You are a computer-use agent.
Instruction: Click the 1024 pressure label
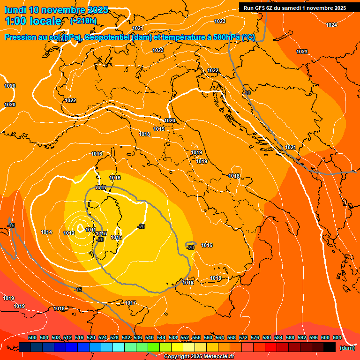[331, 25]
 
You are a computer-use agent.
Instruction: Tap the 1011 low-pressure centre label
[90, 230]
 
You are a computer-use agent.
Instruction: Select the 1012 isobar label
[69, 233]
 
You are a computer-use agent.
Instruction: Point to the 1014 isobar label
[46, 232]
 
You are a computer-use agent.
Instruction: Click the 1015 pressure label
[116, 238]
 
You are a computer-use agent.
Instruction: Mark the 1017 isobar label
[130, 303]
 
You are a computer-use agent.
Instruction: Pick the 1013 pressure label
[101, 234]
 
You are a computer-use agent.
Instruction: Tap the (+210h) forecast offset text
[83, 21]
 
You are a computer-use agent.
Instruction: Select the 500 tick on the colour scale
[32, 337]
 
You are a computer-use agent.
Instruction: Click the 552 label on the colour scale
[185, 337]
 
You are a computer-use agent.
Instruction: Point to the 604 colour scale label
[337, 337]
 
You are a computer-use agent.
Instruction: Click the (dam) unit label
[347, 348]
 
